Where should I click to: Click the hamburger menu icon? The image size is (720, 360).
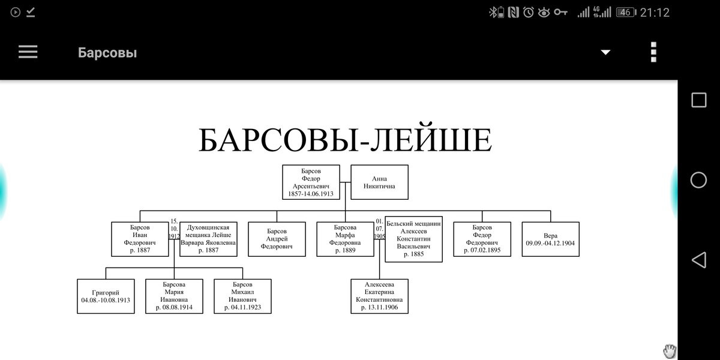28,52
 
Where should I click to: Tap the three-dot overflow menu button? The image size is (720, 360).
653,52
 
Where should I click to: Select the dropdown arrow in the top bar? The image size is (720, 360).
605,52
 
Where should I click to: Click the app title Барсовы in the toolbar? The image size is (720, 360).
107,53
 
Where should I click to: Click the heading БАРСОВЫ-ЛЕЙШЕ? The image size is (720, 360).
345,140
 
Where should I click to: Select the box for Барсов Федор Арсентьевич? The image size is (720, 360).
311,182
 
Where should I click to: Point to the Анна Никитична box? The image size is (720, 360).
379,182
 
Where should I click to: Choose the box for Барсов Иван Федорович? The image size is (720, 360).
140,239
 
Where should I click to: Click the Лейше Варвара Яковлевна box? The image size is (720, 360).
208,239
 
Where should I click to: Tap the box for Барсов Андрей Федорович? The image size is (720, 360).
277,239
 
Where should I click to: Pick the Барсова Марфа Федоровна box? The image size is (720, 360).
344,239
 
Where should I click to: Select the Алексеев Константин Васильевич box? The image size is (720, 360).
413,239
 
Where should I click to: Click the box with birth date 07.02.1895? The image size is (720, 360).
482,239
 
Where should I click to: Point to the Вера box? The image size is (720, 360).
550,239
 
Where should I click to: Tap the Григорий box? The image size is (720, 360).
106,296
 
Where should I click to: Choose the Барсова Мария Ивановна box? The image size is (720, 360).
174,296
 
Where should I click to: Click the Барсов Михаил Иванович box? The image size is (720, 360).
242,296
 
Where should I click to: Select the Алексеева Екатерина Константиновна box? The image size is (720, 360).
379,296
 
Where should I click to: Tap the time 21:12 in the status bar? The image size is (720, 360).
655,12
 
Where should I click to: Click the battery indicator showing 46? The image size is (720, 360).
626,12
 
